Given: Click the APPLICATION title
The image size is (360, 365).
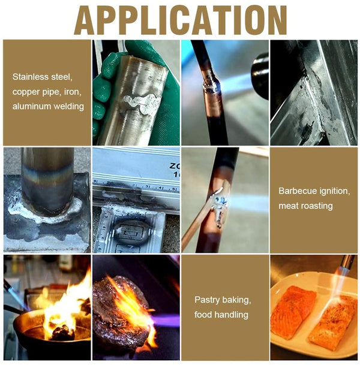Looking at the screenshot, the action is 180,20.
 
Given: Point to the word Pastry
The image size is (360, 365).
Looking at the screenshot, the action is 206,300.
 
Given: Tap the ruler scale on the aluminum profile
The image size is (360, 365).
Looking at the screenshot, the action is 136,187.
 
